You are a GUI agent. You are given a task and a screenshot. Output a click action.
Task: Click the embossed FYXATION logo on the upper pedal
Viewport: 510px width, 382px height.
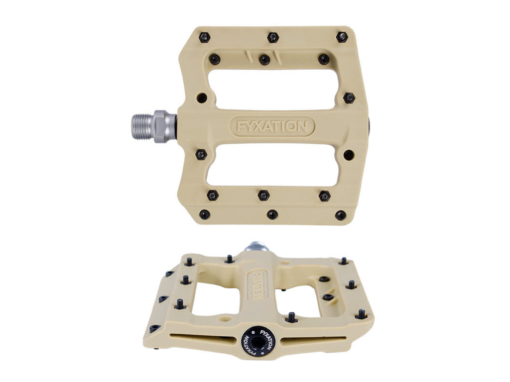pyautogui.click(x=272, y=126)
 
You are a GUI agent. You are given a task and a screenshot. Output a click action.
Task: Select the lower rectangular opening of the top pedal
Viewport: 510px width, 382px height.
pyautogui.click(x=272, y=165)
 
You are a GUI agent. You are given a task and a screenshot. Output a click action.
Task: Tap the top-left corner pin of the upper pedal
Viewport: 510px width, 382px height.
pyautogui.click(x=204, y=38)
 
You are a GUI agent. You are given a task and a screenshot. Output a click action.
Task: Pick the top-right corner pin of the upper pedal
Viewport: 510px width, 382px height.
pyautogui.click(x=342, y=37)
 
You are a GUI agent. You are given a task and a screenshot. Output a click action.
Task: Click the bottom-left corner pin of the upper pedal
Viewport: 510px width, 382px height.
pyautogui.click(x=205, y=214)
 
